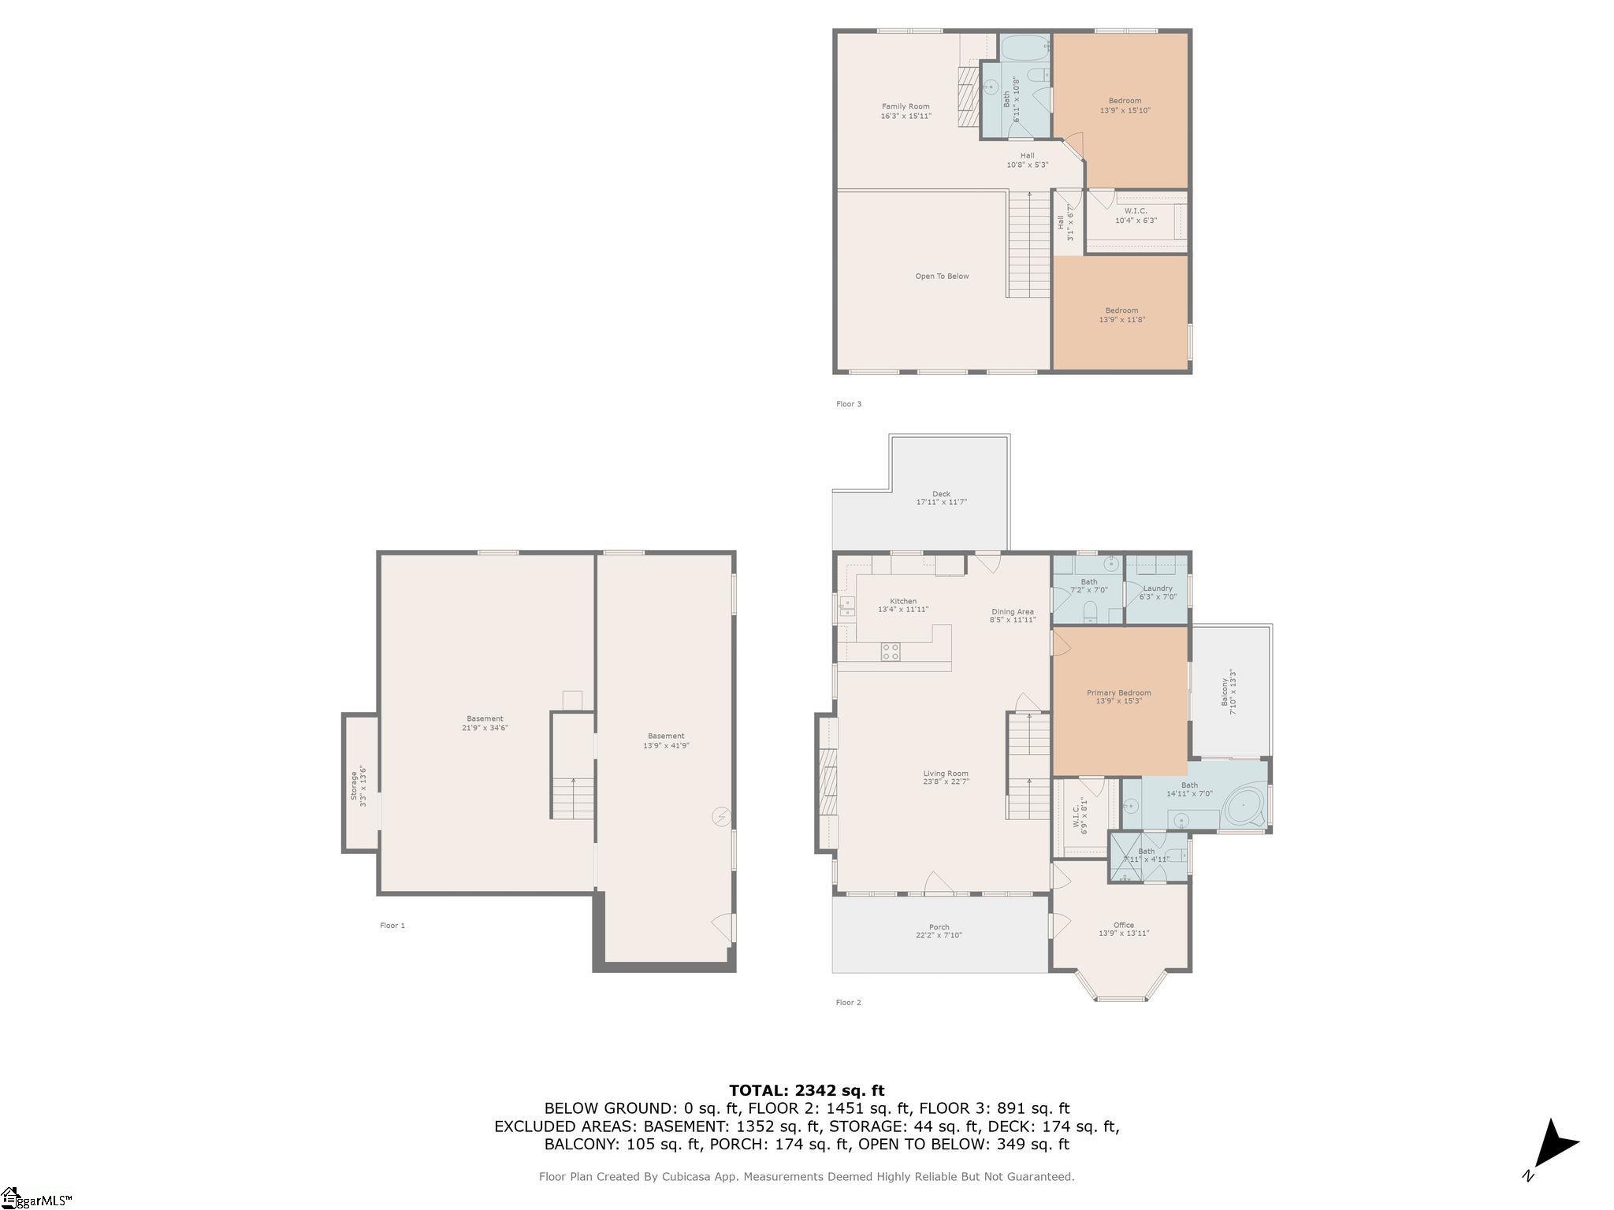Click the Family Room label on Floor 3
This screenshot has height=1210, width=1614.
coord(906,111)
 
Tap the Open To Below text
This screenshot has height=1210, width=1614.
coord(942,277)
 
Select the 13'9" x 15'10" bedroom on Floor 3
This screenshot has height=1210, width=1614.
coord(1125,106)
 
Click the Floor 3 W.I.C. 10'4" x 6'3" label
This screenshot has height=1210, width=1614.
coord(1136,216)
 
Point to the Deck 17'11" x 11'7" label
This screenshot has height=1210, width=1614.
coord(941,498)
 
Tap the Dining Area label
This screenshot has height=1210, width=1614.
coord(1013,616)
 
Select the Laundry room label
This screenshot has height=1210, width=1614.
coord(1158,592)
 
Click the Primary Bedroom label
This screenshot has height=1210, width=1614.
coord(1118,696)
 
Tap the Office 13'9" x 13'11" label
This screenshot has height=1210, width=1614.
coord(1124,930)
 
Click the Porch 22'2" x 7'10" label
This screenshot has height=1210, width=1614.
coord(939,931)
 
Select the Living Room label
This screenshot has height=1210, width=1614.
coord(946,778)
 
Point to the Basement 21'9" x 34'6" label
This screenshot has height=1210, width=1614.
coord(485,723)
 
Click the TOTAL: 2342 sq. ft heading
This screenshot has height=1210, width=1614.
coord(806,1091)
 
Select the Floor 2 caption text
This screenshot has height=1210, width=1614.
coord(848,1003)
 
